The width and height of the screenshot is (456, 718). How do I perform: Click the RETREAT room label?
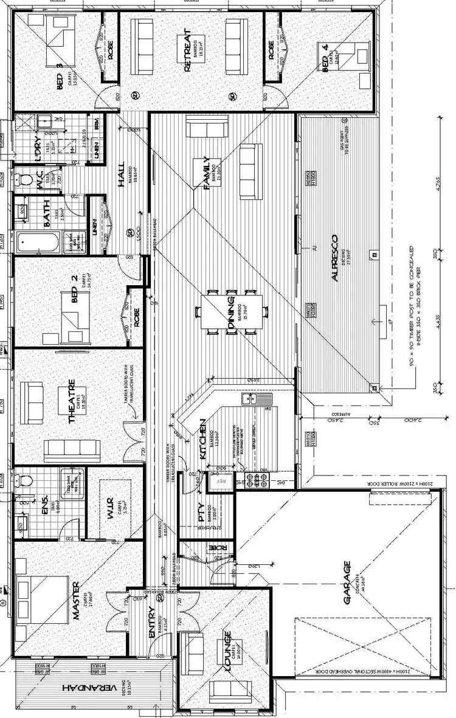tap(187, 51)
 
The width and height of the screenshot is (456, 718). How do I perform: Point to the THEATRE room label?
tap(72, 401)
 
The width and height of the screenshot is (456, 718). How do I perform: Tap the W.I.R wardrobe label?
tap(111, 503)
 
